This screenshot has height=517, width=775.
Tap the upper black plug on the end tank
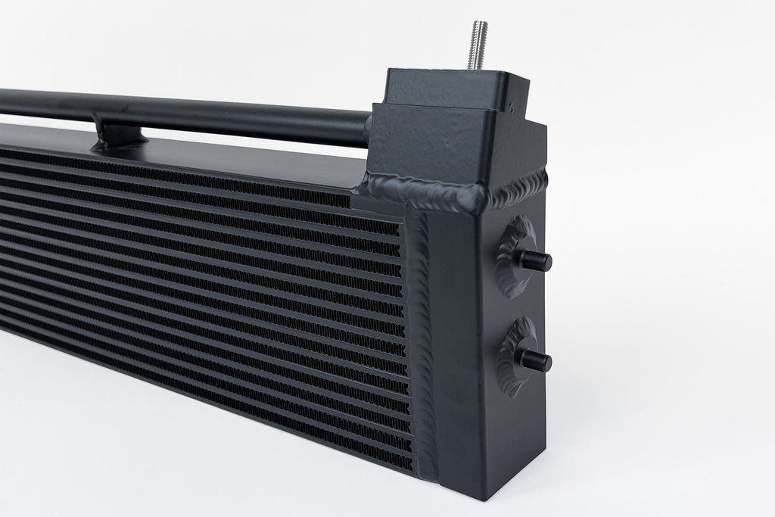click(536, 260)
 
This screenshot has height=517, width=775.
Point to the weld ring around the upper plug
click(514, 256)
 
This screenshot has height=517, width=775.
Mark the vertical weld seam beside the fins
click(421, 333)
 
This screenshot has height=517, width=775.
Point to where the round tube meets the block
click(369, 130)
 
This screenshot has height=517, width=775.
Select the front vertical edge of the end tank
click(484, 341)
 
